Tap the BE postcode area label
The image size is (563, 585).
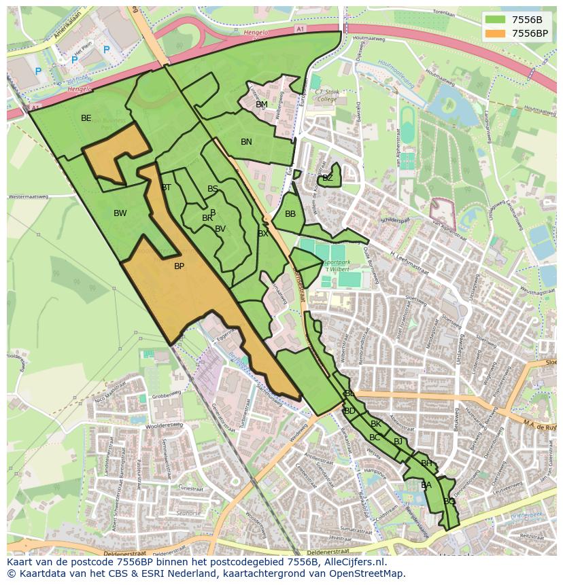click(x=86, y=118)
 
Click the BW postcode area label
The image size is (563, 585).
click(x=120, y=213)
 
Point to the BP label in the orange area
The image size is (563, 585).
click(x=179, y=266)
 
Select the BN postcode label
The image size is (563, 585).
click(x=246, y=142)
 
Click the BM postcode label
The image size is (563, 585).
click(x=261, y=105)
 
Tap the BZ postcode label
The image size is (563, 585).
click(x=328, y=178)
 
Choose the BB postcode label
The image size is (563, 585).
click(x=290, y=214)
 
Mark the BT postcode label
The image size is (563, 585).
click(x=166, y=188)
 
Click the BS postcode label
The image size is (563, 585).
click(x=213, y=189)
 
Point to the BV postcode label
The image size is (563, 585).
click(x=220, y=229)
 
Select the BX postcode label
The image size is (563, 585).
click(x=262, y=234)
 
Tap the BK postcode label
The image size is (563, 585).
click(x=376, y=424)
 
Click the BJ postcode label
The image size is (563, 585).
click(x=398, y=442)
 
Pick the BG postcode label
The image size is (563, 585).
click(x=449, y=501)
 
